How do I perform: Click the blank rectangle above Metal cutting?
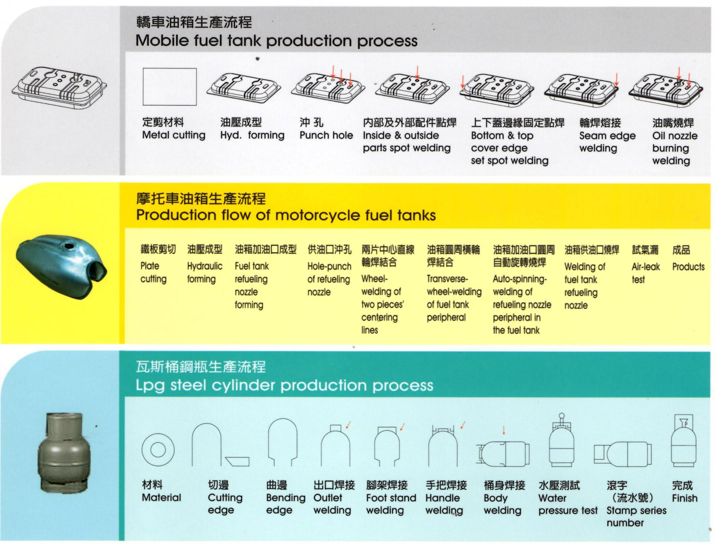tap(169, 87)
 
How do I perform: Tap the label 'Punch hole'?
tap(326, 135)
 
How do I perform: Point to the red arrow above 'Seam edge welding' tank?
tap(617, 79)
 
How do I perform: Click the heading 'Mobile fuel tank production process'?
tap(276, 41)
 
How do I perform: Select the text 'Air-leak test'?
tap(645, 273)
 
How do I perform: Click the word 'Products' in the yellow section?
tap(688, 267)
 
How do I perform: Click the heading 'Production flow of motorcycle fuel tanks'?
tap(286, 215)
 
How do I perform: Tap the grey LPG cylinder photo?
tap(64, 452)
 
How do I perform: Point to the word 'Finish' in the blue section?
tap(685, 498)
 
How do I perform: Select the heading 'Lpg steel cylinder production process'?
tap(284, 385)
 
